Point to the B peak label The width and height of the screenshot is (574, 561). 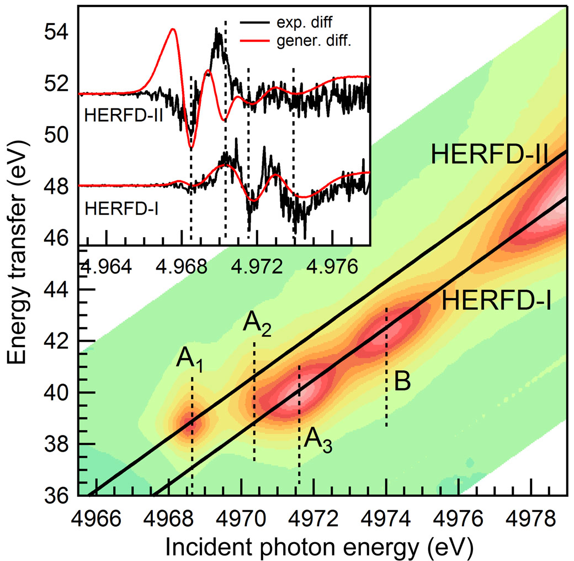pyautogui.click(x=402, y=382)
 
